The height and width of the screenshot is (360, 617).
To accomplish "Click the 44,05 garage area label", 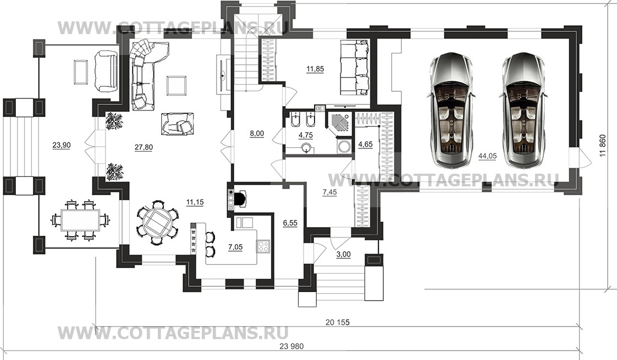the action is point(487,156).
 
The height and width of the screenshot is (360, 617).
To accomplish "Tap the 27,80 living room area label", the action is point(144,147).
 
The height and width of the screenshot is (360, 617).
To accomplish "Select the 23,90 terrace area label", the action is point(62,145).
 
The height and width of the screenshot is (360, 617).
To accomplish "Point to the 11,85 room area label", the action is point(315,69).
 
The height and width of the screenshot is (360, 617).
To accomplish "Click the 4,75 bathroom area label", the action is point(306,135).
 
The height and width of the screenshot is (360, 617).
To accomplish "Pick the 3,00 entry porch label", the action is point(343,254).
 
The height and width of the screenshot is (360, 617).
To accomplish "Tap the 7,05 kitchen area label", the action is point(235,247).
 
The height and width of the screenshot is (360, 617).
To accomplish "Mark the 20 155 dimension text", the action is point(337,323).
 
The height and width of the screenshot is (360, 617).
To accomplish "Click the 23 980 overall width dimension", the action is point(291,346).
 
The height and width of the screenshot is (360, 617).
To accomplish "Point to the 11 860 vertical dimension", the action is point(603,146).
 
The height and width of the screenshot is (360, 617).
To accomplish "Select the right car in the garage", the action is point(524,109).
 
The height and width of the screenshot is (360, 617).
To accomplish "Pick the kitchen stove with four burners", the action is point(263,246).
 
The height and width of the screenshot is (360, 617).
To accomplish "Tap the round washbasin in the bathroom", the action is point(306,148).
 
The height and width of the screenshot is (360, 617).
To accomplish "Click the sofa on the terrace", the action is point(106,69).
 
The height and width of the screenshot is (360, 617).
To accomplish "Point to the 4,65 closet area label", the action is point(365,145).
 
